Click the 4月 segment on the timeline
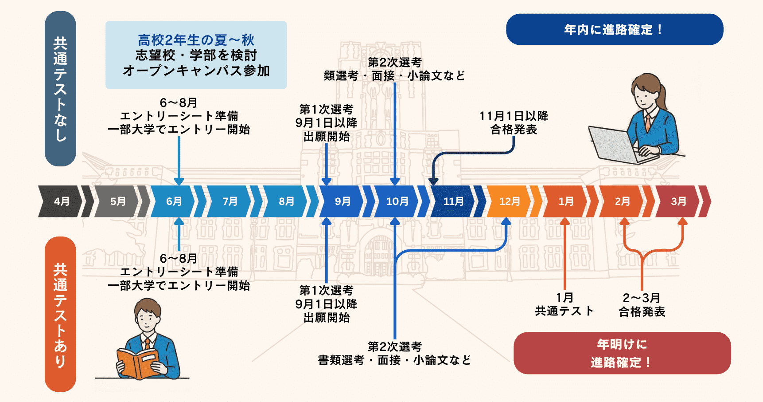point(61,201)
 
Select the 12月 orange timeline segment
point(509,201)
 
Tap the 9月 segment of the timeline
point(341,201)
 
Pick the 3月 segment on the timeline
point(677,201)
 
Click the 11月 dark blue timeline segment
point(453,201)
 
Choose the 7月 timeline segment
point(229,201)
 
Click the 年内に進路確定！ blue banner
point(615,29)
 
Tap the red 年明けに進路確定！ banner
point(622,353)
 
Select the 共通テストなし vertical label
point(60,89)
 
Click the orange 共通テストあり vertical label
point(60,314)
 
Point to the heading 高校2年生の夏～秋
point(196,40)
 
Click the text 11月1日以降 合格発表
point(514,123)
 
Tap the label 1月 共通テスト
point(564,304)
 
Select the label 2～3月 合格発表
point(642,305)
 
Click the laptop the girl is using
point(618,144)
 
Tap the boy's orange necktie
point(147,344)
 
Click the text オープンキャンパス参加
point(196,71)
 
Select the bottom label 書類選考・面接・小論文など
point(394,360)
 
